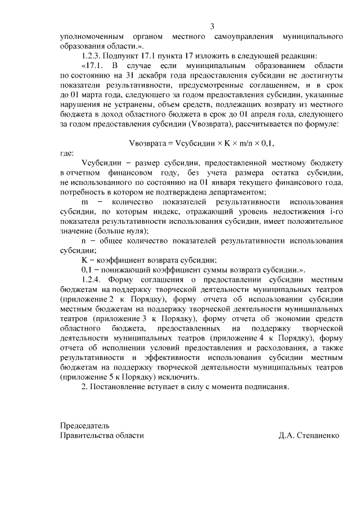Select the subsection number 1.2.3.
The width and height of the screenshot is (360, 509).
93,56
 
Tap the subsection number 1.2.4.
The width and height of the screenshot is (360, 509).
93,279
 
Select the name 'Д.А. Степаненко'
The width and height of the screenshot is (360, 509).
308,436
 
